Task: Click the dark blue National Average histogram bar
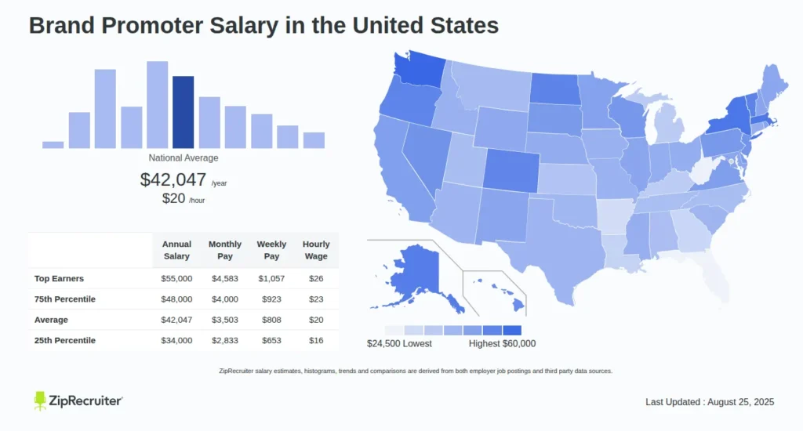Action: point(183,112)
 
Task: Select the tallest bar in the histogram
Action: point(157,104)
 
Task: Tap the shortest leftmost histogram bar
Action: point(53,144)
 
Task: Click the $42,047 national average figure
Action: point(173,179)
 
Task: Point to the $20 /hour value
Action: point(173,198)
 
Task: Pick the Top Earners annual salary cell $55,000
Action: point(176,278)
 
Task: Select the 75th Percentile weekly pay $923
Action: point(271,299)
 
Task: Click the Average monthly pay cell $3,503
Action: point(224,320)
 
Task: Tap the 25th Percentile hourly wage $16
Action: point(315,340)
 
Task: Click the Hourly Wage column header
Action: point(315,250)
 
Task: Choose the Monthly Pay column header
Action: point(224,250)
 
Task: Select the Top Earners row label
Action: point(59,278)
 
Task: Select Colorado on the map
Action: point(511,168)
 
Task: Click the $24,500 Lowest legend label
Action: point(399,343)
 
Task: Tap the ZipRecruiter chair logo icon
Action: point(41,400)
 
